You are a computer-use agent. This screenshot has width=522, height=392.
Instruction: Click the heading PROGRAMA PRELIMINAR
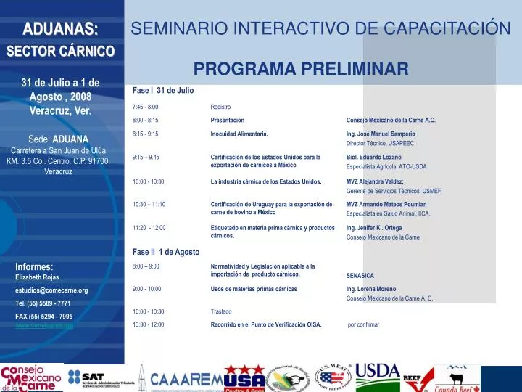[x=301, y=69]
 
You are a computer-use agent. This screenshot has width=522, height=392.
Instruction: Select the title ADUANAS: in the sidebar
[x=61, y=29]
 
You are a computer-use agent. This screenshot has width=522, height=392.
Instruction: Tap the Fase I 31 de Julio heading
[x=163, y=90]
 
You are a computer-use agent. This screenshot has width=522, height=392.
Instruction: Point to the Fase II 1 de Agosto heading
[x=166, y=252]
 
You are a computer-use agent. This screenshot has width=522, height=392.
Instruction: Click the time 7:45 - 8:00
[x=146, y=107]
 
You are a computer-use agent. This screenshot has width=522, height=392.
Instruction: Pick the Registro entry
[x=220, y=107]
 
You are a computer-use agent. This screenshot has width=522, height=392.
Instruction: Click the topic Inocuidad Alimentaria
[x=239, y=134]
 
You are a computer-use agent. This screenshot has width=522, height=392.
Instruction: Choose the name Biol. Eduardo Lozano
[x=373, y=157]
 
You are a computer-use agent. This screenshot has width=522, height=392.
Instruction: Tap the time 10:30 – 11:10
[x=149, y=205]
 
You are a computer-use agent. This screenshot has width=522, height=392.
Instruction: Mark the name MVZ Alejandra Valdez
[x=375, y=181]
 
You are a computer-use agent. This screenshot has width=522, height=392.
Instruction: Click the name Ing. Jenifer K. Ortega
[x=374, y=228]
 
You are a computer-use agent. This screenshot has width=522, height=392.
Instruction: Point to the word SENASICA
[x=360, y=276]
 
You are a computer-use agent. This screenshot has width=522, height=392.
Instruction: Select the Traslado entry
[x=221, y=311]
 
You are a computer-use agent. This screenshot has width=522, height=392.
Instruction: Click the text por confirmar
[x=364, y=324]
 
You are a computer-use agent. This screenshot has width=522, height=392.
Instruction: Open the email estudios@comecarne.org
[x=51, y=290]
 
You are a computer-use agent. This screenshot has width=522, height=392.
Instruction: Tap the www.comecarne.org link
[x=44, y=326]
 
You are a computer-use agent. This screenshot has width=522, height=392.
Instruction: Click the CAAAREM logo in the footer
[x=186, y=380]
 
